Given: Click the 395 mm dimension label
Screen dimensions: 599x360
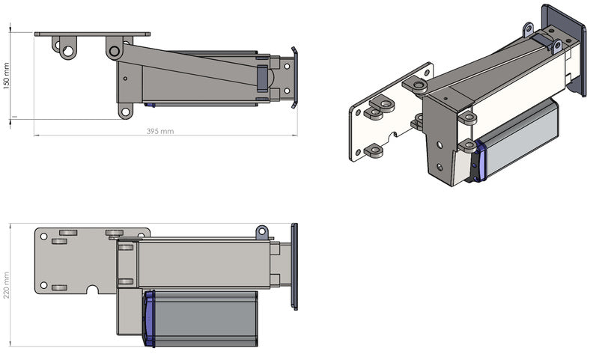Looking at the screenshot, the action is click(160, 131).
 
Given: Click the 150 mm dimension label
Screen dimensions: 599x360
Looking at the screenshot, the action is click(6, 76).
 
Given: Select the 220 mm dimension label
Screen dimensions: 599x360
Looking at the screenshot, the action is click(6, 285).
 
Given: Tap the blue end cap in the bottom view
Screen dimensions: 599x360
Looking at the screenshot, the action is click(148, 319).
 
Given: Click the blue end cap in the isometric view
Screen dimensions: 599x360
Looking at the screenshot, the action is click(481, 161).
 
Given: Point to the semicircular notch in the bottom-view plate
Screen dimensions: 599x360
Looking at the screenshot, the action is click(92, 290).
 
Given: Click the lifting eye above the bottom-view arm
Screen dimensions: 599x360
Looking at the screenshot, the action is click(261, 232).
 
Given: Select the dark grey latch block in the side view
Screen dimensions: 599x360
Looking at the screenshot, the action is click(263, 79).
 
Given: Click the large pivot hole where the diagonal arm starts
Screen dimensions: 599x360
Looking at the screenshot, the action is click(114, 51).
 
